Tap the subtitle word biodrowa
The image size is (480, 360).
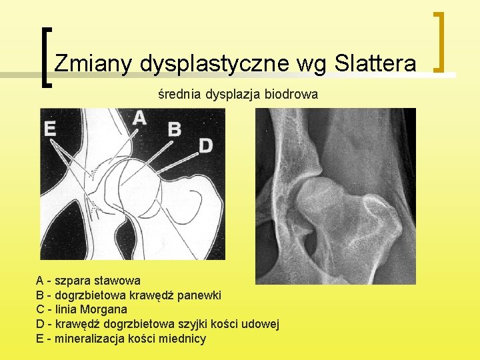(x=291, y=95)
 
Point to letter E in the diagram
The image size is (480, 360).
(x=49, y=128)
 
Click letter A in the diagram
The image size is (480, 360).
(x=139, y=118)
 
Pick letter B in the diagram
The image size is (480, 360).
(x=174, y=129)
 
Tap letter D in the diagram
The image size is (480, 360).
(x=206, y=145)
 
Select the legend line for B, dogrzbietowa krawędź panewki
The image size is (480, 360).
(x=129, y=295)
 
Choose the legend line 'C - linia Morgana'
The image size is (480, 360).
(x=81, y=309)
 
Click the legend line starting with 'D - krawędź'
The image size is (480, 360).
(x=157, y=324)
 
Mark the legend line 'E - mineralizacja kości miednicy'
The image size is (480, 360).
(x=121, y=339)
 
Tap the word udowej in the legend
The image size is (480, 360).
(x=261, y=324)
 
